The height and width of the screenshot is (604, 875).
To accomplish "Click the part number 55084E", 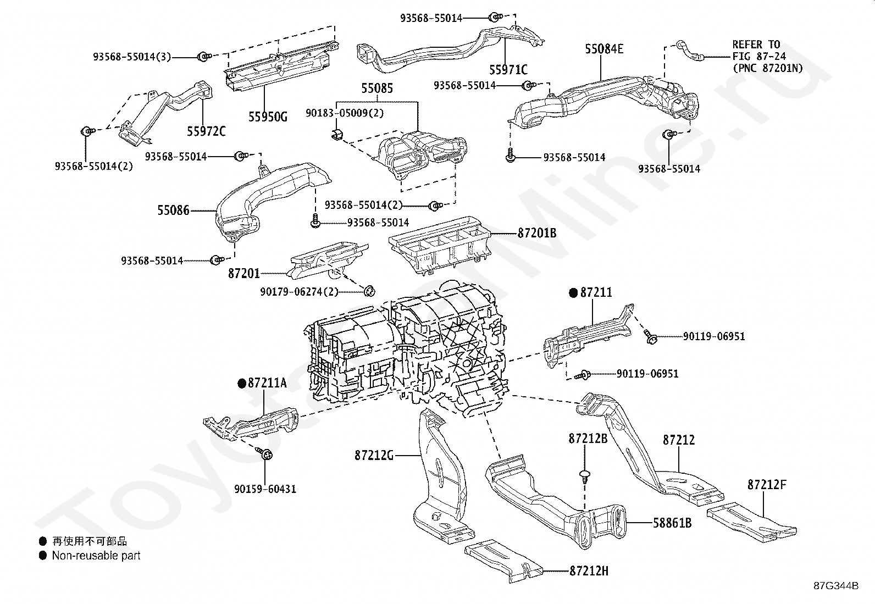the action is [604, 49].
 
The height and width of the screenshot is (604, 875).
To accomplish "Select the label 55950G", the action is [268, 117].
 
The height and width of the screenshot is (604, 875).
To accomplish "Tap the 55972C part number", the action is [206, 131].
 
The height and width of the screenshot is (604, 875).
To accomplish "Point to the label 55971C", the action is [508, 70].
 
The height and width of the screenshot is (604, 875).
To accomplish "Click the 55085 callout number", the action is [377, 88].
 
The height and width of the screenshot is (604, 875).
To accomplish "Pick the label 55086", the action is [174, 210].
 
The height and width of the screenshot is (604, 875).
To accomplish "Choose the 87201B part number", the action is [537, 233].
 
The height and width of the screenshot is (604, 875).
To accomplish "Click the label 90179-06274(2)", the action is [299, 291].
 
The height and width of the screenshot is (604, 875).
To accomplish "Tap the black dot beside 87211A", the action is [242, 384].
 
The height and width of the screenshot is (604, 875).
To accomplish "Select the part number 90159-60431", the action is [265, 489].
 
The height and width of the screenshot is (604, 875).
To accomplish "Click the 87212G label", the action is [374, 455].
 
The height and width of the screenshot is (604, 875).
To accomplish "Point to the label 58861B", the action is [672, 522].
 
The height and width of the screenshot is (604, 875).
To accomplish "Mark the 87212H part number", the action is [589, 571].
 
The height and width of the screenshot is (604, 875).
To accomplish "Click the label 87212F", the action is [767, 484].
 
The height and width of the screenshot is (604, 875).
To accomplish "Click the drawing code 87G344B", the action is [837, 586].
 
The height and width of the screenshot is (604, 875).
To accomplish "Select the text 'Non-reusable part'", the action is [96, 555].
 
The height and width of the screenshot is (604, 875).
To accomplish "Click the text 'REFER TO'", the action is [756, 44].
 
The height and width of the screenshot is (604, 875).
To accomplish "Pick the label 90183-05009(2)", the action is [345, 113].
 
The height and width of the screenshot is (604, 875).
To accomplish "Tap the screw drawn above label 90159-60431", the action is [265, 453].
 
